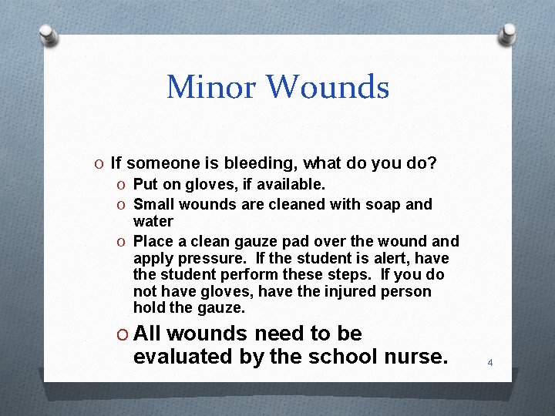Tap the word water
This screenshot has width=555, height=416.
[153, 221]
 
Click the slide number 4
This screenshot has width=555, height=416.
[489, 361]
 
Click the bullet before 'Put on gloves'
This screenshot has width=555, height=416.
[122, 186]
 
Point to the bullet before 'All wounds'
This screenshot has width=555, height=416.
[121, 334]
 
